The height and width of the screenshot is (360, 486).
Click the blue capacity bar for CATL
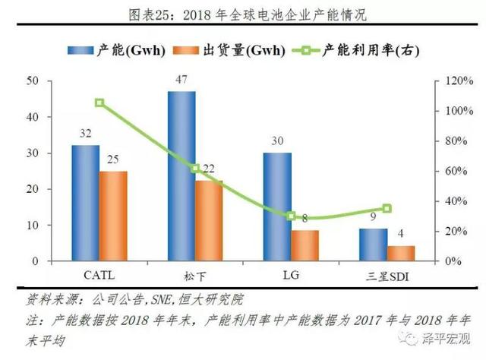click(85, 203)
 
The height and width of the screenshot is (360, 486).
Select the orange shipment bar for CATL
click(113, 216)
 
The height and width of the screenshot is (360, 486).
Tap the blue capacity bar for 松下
click(181, 176)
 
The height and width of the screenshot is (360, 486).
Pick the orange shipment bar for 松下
click(209, 220)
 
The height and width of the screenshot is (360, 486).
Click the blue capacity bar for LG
click(277, 207)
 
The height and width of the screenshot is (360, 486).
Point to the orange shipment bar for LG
click(305, 245)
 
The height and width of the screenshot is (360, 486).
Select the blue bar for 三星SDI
click(374, 245)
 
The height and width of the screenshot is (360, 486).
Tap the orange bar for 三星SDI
click(402, 253)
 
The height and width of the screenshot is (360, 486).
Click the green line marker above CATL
click(99, 103)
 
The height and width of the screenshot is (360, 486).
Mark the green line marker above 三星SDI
click(387, 208)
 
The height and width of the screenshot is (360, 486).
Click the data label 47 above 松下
click(181, 79)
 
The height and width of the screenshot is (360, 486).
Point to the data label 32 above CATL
click(85, 133)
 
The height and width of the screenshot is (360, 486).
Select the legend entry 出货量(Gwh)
click(241, 51)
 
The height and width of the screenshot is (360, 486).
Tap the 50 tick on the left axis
click(32, 81)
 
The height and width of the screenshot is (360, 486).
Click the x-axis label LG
click(291, 272)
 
